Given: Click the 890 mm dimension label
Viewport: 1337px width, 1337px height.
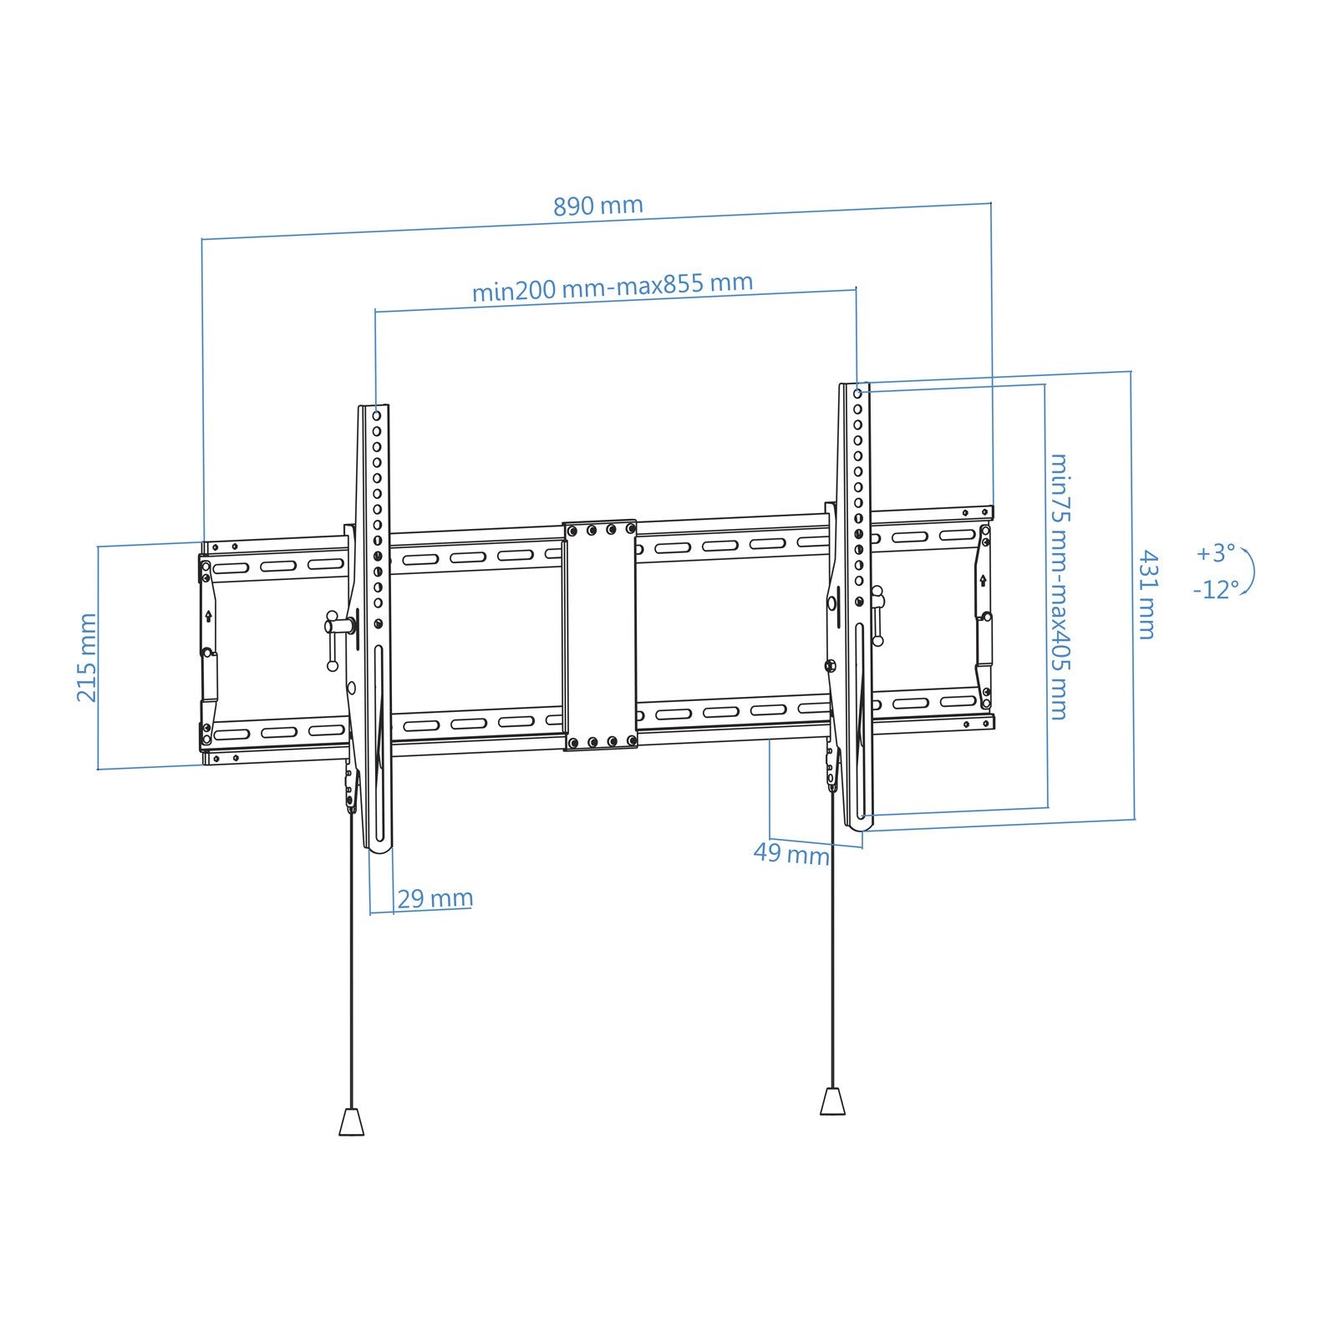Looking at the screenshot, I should (598, 206).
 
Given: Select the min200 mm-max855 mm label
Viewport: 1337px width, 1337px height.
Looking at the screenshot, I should (613, 287).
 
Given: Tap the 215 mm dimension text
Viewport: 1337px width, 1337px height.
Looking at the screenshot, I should (87, 657).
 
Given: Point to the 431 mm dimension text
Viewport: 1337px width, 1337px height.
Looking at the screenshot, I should (1147, 594).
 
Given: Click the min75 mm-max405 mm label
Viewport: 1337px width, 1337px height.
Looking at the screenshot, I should (1059, 587).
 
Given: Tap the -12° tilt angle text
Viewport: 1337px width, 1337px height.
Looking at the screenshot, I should (1214, 590).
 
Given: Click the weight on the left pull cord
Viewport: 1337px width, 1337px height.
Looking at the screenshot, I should (352, 1121).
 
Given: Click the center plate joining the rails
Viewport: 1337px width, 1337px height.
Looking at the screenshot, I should (600, 635).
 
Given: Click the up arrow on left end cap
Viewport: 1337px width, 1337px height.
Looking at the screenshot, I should (208, 617).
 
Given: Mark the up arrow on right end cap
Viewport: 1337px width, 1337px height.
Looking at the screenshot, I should (983, 580).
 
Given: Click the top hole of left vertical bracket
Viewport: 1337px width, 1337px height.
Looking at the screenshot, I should (377, 414).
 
